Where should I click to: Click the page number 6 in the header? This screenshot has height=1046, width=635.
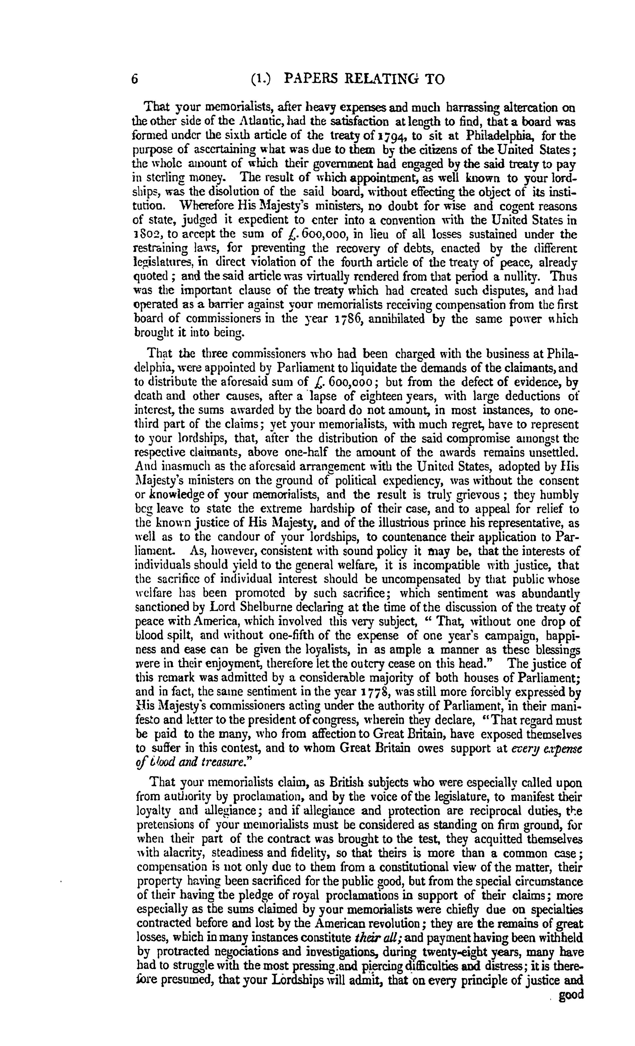point(135,79)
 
